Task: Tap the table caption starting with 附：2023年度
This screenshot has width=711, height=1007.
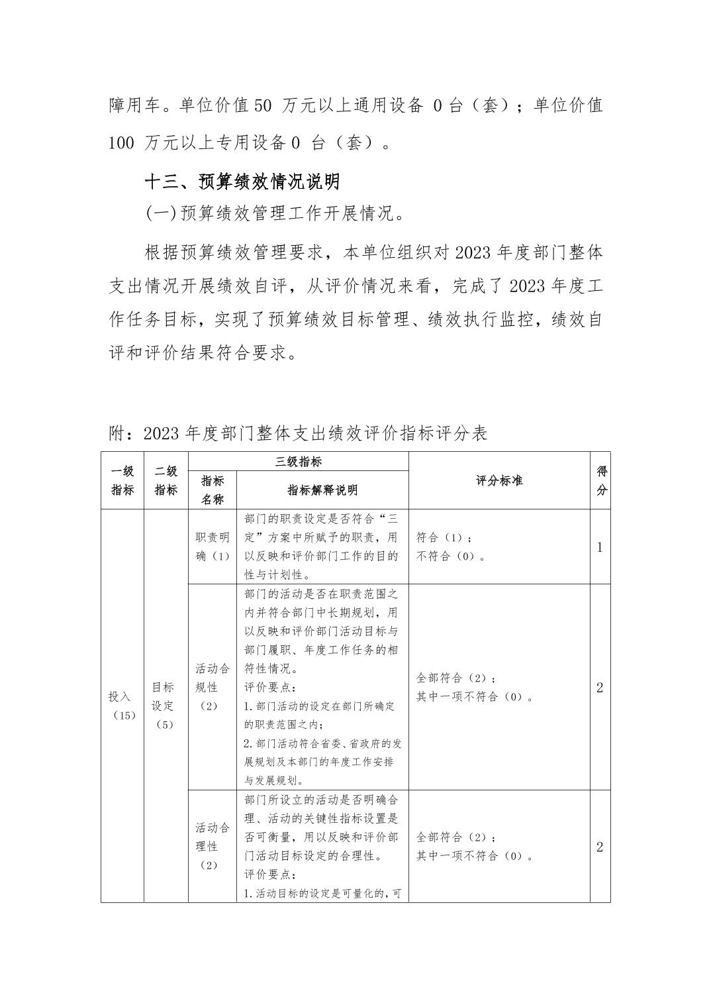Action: [298, 433]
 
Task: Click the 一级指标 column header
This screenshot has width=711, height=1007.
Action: [122, 480]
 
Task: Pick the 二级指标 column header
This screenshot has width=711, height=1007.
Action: [166, 480]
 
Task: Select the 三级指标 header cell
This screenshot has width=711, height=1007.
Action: [298, 462]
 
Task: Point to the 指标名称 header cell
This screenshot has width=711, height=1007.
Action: [212, 490]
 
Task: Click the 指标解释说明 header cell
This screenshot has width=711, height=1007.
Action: [322, 490]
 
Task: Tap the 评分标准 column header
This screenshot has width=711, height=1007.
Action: [499, 480]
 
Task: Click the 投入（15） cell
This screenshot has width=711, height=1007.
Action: [122, 706]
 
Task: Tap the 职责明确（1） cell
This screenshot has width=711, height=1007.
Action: [213, 547]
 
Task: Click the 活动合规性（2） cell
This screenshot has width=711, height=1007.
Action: [213, 687]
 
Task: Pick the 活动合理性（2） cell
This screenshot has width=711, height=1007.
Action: [213, 846]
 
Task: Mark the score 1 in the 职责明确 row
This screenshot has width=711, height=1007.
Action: [600, 547]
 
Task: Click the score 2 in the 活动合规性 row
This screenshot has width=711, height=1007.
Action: [600, 687]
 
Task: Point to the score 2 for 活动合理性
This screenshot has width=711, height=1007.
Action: [600, 847]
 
